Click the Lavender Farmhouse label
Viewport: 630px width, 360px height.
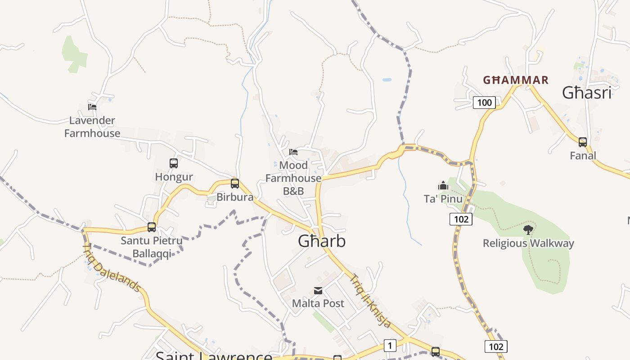click(x=92, y=127)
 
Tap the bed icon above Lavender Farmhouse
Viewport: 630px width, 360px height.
click(x=92, y=107)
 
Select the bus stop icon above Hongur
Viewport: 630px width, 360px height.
click(x=174, y=163)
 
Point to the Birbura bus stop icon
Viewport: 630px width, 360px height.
click(x=235, y=184)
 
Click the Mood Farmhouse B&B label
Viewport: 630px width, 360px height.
click(x=293, y=178)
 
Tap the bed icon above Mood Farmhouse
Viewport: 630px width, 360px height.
click(x=293, y=152)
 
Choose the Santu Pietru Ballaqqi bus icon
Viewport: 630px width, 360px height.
click(x=152, y=227)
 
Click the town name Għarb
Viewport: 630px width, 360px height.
click(x=322, y=241)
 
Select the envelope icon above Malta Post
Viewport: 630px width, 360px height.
click(x=318, y=291)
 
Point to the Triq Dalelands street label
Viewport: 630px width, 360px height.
click(x=112, y=268)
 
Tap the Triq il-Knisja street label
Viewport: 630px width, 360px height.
click(x=370, y=301)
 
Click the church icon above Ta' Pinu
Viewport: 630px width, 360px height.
click(x=443, y=185)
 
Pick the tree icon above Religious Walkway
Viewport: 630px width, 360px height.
click(x=528, y=230)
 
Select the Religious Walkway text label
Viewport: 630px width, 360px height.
click(x=528, y=243)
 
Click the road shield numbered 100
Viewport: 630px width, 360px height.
click(x=484, y=103)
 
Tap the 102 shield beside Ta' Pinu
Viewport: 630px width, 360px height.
click(x=461, y=219)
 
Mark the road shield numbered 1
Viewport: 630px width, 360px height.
click(x=390, y=346)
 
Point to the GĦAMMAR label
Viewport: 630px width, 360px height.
click(x=516, y=81)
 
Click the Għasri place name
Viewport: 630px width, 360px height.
click(x=587, y=93)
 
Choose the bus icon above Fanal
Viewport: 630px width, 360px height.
click(x=583, y=142)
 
